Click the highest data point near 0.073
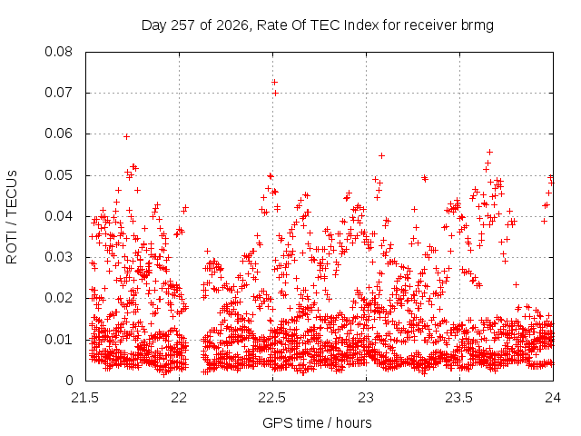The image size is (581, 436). pyautogui.click(x=274, y=82)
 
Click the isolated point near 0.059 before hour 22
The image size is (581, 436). pyautogui.click(x=126, y=137)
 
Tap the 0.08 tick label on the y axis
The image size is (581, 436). pyautogui.click(x=58, y=52)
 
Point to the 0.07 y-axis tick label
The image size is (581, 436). pyautogui.click(x=58, y=93)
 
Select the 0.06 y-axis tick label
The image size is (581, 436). pyautogui.click(x=58, y=134)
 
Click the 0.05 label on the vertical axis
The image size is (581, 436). pyautogui.click(x=58, y=175)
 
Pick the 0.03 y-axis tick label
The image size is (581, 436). pyautogui.click(x=58, y=257)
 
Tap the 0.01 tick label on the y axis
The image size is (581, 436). pyautogui.click(x=58, y=339)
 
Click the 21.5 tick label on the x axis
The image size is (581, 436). pyautogui.click(x=85, y=398)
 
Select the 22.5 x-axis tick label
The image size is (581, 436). pyautogui.click(x=272, y=398)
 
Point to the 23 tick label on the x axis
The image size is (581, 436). pyautogui.click(x=366, y=398)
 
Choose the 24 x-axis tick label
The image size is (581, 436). pyautogui.click(x=553, y=398)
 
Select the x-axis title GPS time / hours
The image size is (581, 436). pyautogui.click(x=317, y=422)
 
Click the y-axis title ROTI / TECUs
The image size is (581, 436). pyautogui.click(x=12, y=217)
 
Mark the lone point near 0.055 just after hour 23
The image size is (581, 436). pyautogui.click(x=381, y=155)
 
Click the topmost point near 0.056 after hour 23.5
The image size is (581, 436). pyautogui.click(x=489, y=152)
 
